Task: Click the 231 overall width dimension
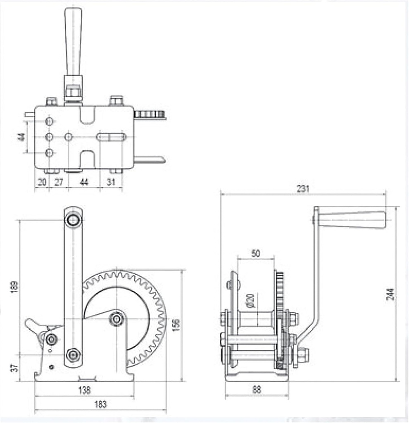pos(303,189)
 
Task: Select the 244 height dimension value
pos(390,294)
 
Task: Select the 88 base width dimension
pos(256,389)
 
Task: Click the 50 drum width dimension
pos(256,253)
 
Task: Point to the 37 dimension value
pos(14,368)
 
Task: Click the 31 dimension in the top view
pos(111,182)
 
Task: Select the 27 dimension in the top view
pos(59,182)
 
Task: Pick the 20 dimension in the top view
pos(42,182)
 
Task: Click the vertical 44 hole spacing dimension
pos(21,137)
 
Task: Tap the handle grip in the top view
pos(73,41)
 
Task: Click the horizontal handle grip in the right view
pos(352,220)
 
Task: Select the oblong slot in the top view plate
pos(111,137)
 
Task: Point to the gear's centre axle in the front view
pos(117,318)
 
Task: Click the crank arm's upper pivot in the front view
pos(73,220)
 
